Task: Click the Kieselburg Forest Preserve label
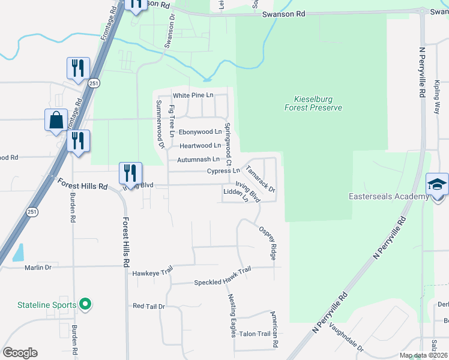313,103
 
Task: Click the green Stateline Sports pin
85,305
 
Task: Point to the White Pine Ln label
193,95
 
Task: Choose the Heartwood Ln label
200,145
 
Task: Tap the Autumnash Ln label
198,160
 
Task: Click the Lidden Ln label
235,191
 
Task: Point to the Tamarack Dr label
261,178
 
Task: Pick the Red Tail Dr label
149,306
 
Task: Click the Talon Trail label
255,334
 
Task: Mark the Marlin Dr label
35,268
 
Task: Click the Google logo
20,353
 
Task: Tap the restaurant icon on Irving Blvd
130,173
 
